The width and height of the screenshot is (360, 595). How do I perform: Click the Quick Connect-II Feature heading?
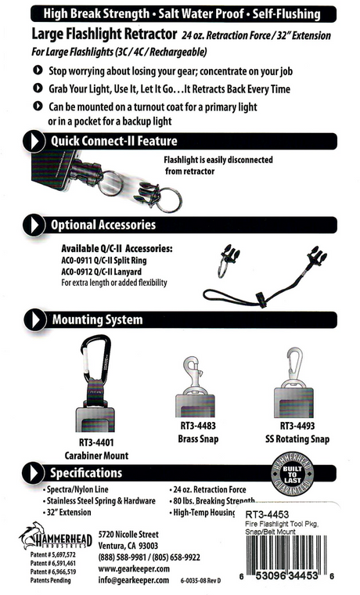(x=114, y=141)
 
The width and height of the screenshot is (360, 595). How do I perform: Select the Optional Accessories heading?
(x=103, y=225)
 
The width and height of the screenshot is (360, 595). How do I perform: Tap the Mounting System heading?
(x=97, y=319)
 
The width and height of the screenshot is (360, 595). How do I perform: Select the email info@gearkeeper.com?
(x=134, y=581)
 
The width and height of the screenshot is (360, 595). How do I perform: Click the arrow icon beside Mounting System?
(x=34, y=320)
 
